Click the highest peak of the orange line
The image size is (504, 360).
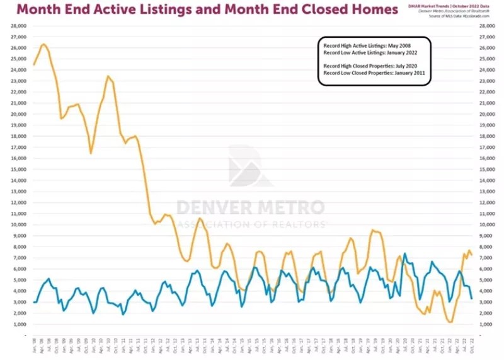43,44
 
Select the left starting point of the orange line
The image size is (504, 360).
33,64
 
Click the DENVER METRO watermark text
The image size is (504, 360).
250,207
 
